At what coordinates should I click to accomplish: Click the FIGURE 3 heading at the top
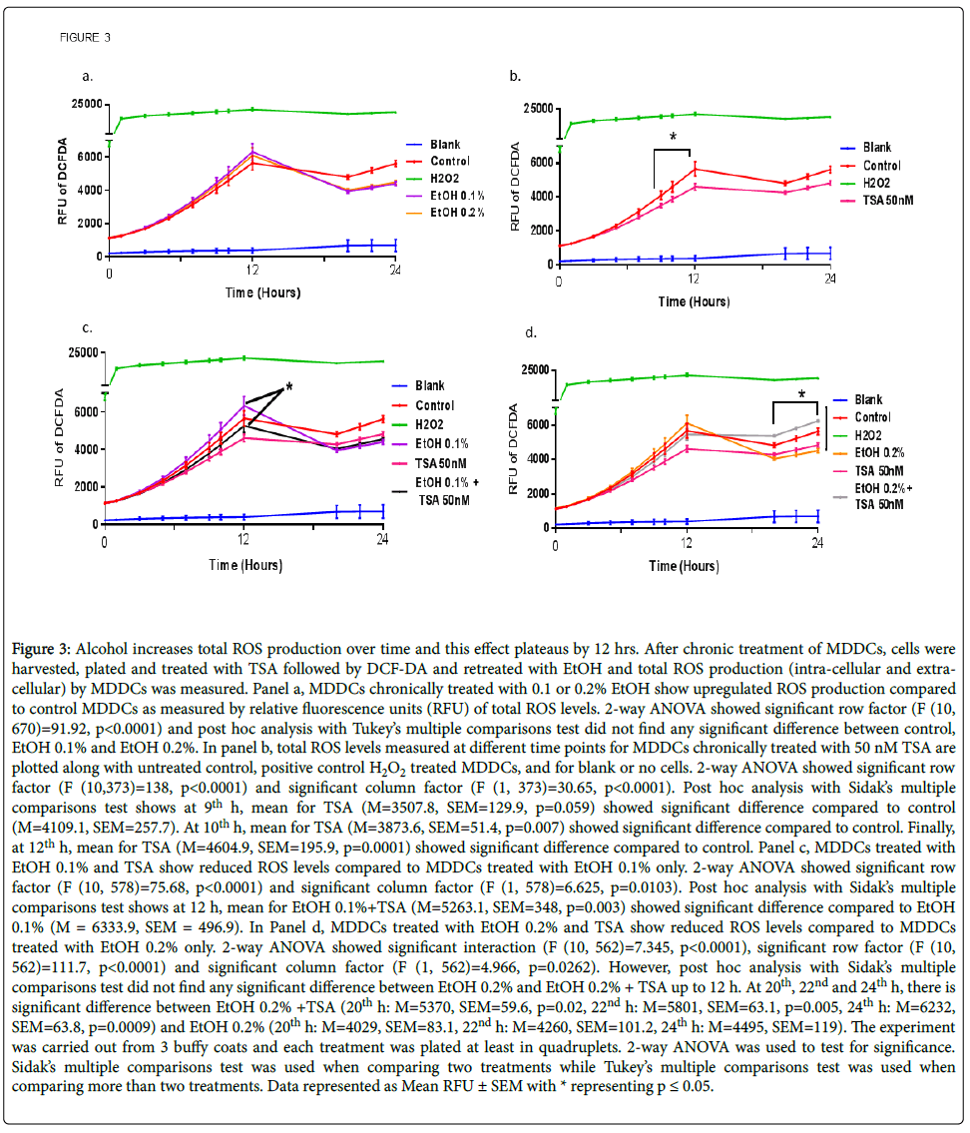coord(85,37)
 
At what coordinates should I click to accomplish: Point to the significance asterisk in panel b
coord(673,137)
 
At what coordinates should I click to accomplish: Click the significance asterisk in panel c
coord(288,387)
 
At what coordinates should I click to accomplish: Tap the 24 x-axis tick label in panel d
coord(817,545)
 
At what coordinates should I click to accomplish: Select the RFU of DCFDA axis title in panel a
coord(63,180)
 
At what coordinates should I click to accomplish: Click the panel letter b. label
coord(516,76)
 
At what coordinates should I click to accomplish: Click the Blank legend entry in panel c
coord(429,385)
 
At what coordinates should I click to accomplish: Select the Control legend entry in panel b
coord(881,166)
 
